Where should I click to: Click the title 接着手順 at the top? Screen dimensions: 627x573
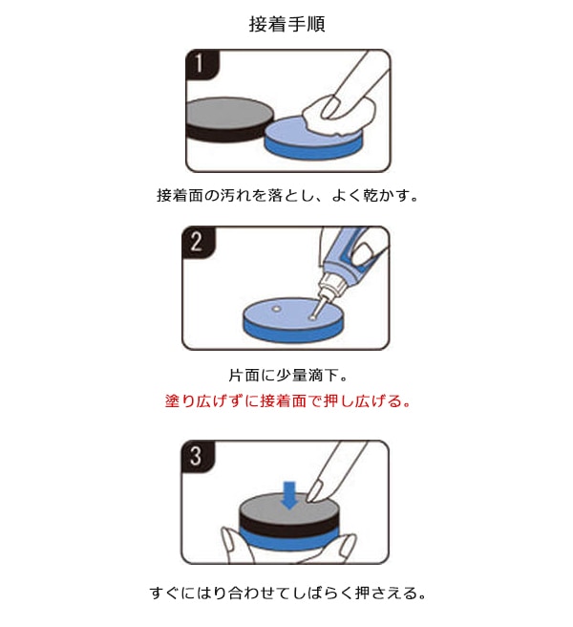[286, 24]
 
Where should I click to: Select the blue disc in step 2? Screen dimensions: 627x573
[286, 320]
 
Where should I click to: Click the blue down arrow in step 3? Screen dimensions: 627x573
[289, 494]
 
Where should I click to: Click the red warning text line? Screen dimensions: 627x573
[286, 400]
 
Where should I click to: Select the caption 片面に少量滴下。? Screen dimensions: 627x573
[286, 376]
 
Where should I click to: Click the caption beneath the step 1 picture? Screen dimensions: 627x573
[286, 195]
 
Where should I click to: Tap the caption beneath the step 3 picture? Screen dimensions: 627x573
[286, 593]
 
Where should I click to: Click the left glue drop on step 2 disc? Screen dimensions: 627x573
[275, 310]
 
